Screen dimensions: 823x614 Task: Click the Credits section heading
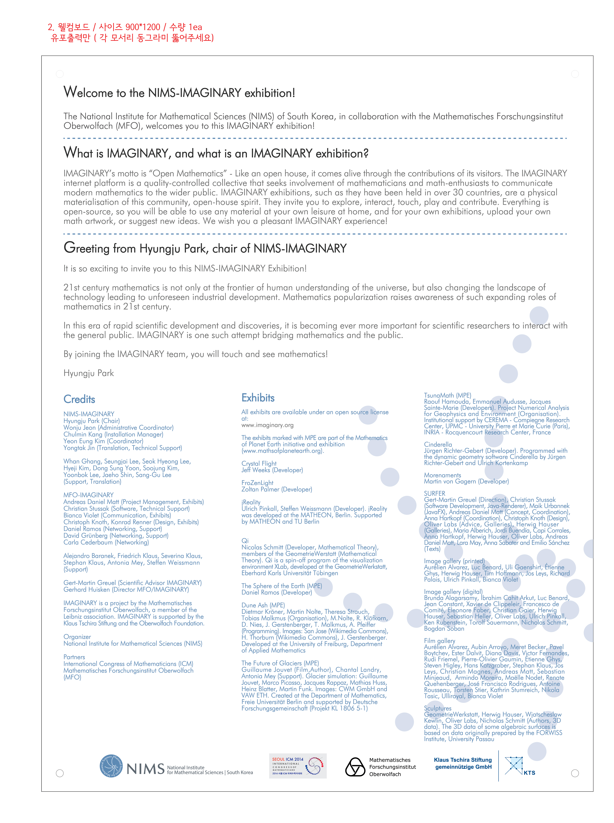click(x=79, y=399)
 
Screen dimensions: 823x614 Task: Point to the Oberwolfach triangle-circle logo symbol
click(x=355, y=767)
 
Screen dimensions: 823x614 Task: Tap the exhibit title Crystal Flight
click(x=259, y=464)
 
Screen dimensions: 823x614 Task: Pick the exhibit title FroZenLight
click(x=257, y=483)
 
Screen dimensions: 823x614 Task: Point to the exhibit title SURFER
click(x=435, y=494)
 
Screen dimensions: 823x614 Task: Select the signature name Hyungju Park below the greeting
click(x=89, y=373)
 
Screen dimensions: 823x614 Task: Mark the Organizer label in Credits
click(x=77, y=637)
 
